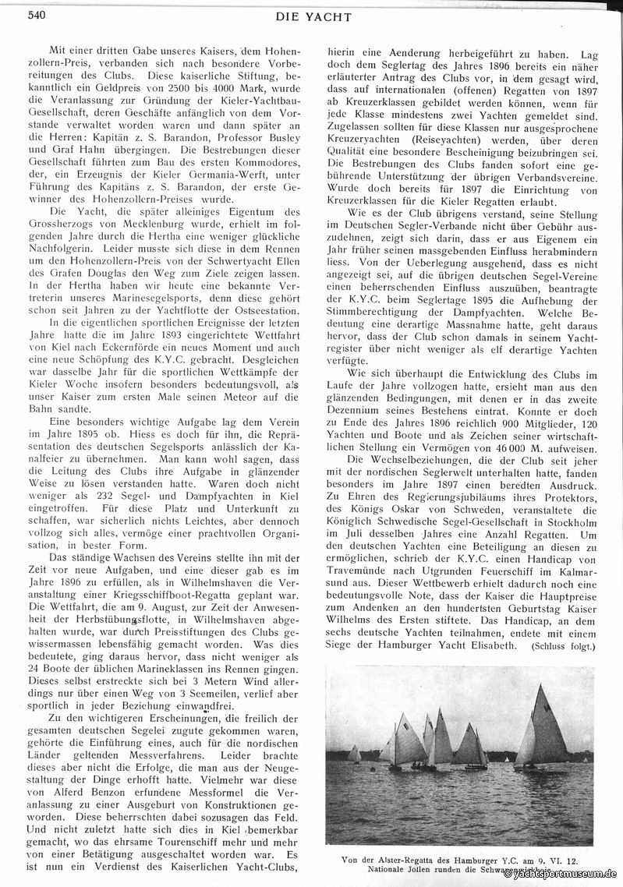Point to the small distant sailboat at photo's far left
[x=355, y=754]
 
